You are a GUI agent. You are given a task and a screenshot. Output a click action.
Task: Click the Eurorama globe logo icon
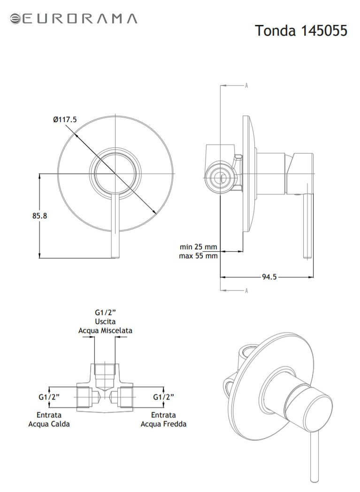(15, 18)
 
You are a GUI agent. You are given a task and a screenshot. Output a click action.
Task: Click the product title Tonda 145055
(301, 31)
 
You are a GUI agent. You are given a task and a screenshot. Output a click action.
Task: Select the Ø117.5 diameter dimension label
(65, 120)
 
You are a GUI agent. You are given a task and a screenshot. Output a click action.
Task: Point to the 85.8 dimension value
(40, 216)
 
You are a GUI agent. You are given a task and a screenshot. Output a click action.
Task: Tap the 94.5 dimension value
(269, 277)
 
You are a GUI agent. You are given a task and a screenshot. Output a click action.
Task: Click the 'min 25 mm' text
(198, 246)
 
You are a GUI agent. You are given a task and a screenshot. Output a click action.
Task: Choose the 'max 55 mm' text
(198, 256)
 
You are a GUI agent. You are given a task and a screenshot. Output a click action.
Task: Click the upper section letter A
(246, 85)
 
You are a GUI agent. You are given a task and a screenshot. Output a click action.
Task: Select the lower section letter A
(246, 291)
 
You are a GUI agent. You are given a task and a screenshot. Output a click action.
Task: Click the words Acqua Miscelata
(105, 331)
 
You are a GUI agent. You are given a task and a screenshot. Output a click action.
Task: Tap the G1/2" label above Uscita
(105, 313)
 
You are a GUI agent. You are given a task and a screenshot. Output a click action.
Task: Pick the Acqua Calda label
(49, 424)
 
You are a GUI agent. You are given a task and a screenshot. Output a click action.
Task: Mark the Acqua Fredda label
(163, 424)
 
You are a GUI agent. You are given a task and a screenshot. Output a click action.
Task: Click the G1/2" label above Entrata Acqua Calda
(49, 397)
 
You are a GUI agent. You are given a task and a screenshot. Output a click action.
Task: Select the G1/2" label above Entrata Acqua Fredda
(163, 397)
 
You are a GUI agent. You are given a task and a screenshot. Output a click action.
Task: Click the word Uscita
(105, 322)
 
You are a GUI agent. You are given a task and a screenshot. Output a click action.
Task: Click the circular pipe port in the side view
(221, 178)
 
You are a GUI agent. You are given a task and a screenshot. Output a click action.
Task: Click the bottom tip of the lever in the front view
(115, 258)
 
